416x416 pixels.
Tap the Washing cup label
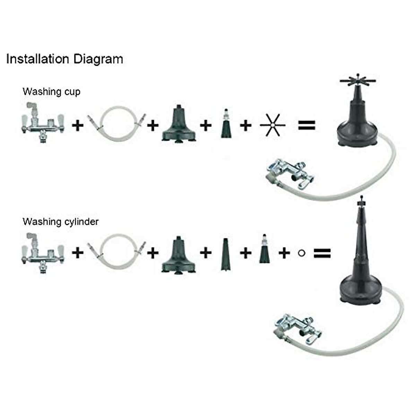[x=51, y=92]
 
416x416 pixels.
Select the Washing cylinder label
[x=60, y=222]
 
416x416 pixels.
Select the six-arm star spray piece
[x=272, y=125]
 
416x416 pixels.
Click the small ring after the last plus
[x=301, y=253]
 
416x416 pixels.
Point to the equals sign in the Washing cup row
[x=307, y=125]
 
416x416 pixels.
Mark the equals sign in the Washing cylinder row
[x=322, y=253]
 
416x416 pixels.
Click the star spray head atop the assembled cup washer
[x=357, y=81]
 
